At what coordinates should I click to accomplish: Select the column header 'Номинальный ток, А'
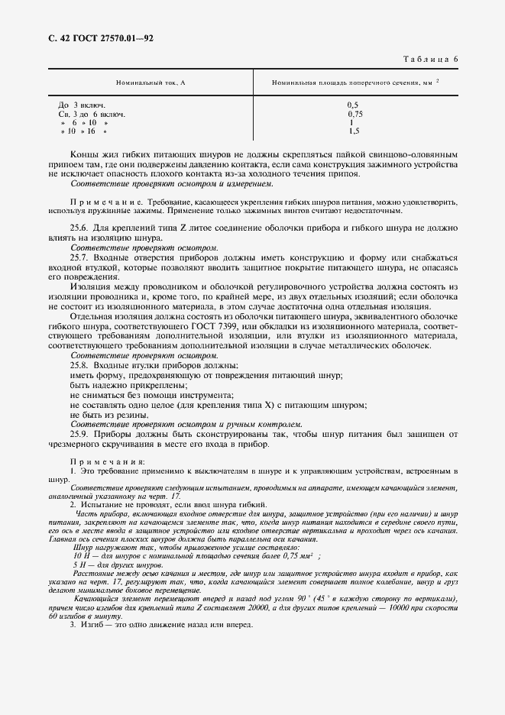(151, 82)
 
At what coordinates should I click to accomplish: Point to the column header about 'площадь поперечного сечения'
(355, 82)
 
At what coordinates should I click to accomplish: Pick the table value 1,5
(354, 131)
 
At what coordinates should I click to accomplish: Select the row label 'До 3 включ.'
(82, 105)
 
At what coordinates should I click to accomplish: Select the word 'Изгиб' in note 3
(95, 625)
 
